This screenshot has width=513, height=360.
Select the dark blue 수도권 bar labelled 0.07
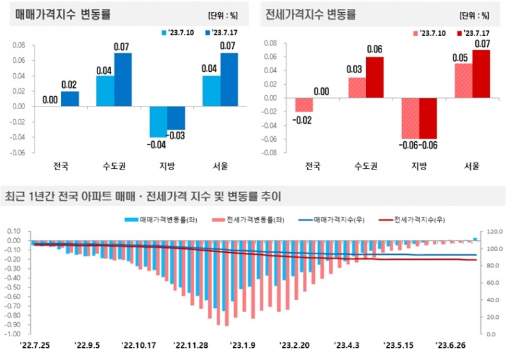[x=123, y=80]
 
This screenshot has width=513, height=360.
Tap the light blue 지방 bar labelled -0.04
[x=158, y=122]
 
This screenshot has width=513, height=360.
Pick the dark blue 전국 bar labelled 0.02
[x=70, y=99]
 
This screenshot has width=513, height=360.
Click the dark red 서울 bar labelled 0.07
[x=480, y=74]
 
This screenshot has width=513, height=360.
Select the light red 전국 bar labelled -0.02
[x=304, y=105]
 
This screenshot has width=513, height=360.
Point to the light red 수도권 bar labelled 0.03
[x=357, y=88]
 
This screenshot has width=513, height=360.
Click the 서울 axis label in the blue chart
[x=221, y=166]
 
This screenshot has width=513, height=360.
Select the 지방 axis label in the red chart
[x=419, y=166]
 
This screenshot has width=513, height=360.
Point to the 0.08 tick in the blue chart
[x=19, y=45]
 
